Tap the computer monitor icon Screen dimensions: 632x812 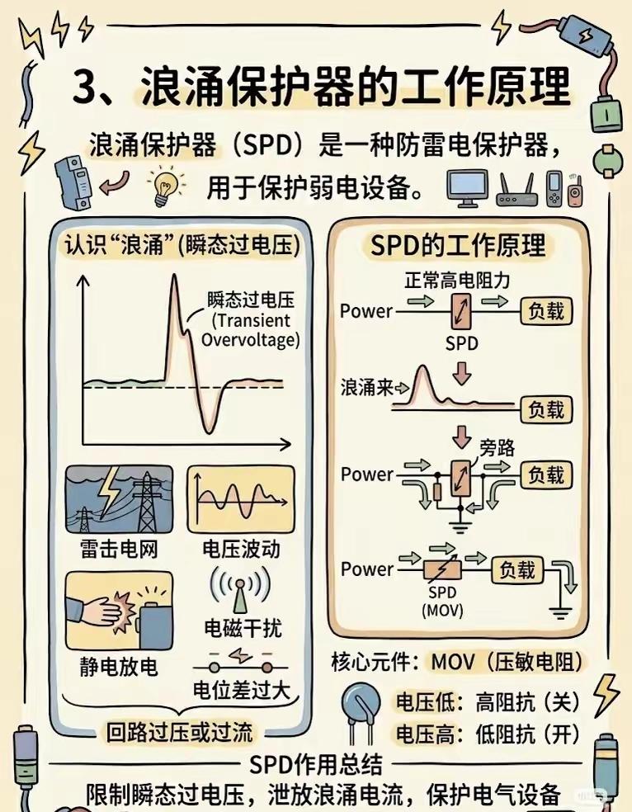coord(467,189)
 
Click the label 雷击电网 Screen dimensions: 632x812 coord(119,549)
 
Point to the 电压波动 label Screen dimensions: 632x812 coord(240,549)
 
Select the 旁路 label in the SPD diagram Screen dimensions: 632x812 coord(498,448)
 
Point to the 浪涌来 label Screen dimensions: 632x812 coord(365,385)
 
